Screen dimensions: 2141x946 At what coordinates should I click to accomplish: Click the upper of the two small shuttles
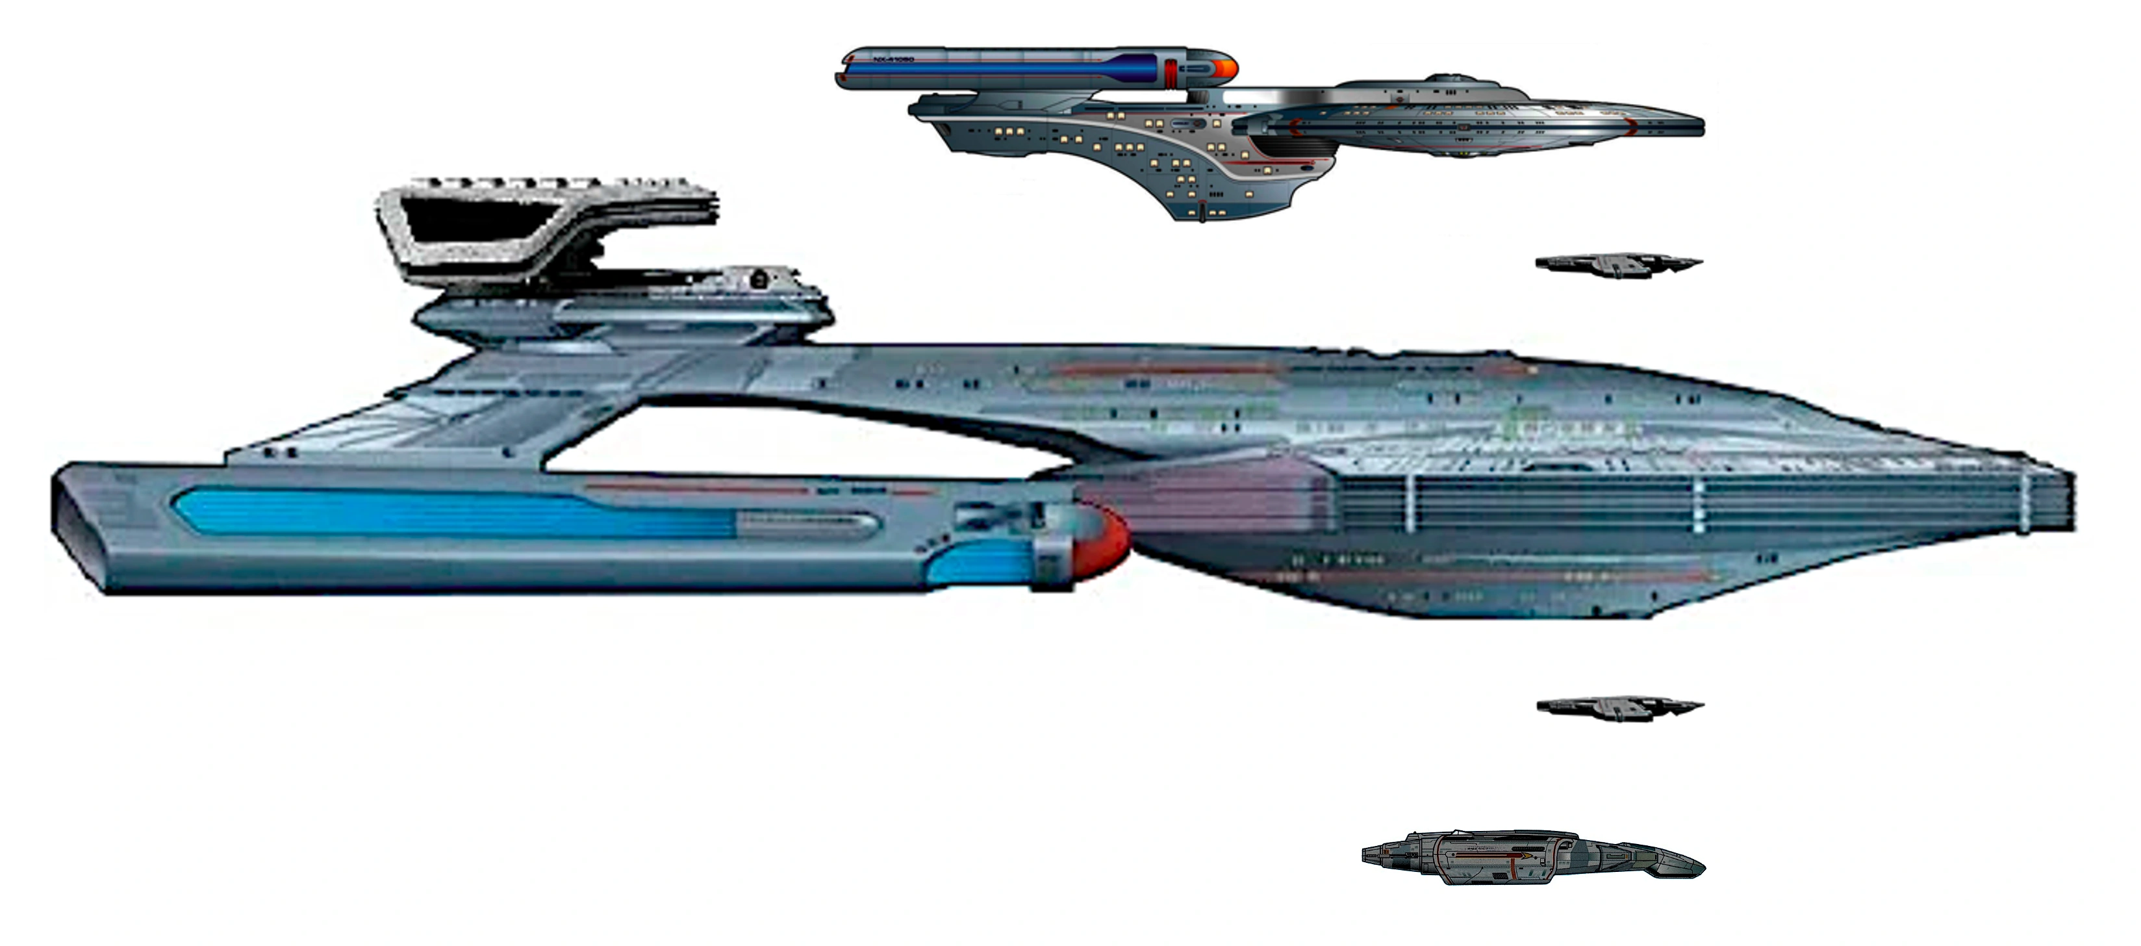[1617, 264]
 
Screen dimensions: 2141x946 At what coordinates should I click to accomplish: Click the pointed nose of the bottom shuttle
[1700, 866]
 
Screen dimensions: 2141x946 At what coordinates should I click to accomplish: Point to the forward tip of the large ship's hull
[2070, 499]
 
